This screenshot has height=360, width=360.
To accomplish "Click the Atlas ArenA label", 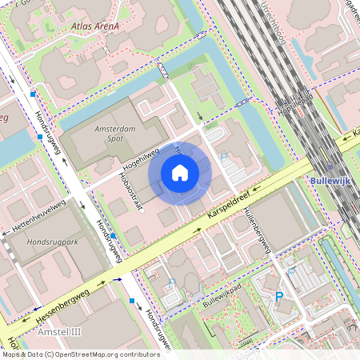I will [94, 26].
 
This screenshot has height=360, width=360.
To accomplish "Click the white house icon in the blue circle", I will [180, 173].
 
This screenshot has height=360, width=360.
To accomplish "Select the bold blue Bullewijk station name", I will [330, 182].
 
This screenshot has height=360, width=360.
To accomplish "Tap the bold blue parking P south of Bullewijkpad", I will [279, 297].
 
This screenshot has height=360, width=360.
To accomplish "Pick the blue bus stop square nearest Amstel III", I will [132, 301].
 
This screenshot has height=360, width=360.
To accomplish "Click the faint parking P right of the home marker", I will [224, 158].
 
